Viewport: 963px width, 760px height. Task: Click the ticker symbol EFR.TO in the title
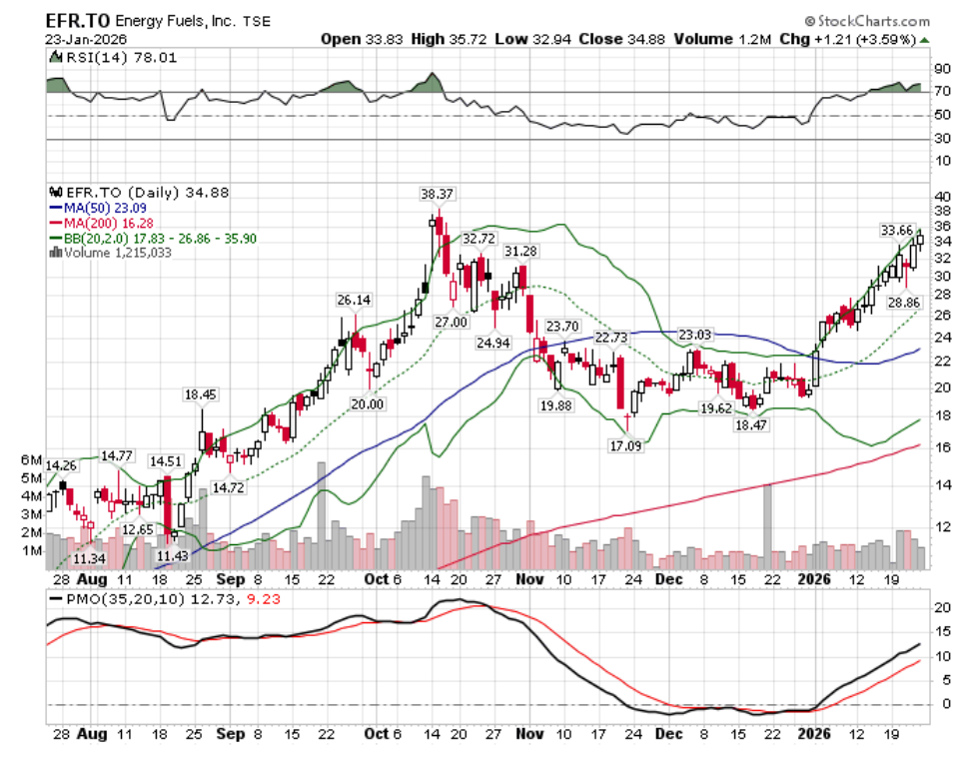[77, 19]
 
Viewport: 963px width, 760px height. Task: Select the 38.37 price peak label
[436, 194]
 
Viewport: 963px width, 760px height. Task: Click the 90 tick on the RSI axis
[942, 69]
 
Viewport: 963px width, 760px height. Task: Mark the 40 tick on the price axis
[942, 197]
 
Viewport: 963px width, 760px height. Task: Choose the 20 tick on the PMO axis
[942, 608]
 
